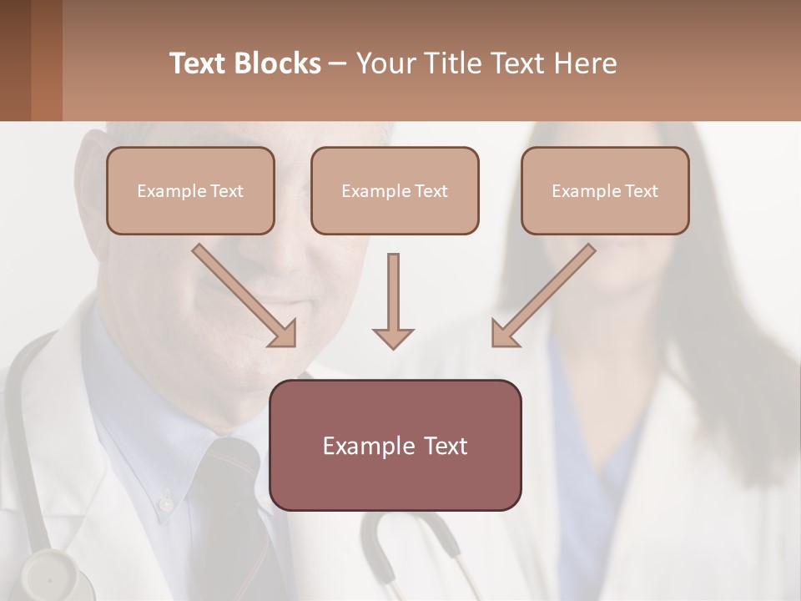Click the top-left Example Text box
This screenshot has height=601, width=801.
pos(190,191)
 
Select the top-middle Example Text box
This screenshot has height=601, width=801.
pos(395,191)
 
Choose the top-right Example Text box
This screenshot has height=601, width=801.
pos(605,191)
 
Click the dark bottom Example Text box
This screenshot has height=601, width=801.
pos(395,446)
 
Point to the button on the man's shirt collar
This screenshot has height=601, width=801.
pos(167,503)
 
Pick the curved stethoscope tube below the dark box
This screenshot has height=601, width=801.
pos(409,534)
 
